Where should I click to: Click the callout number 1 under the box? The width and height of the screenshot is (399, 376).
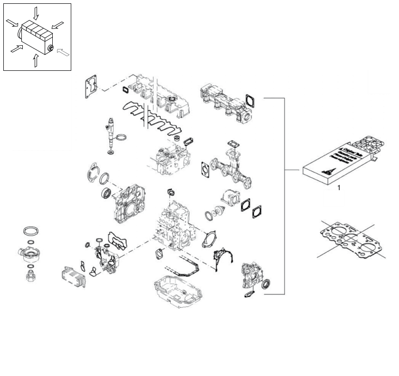[x=339, y=188]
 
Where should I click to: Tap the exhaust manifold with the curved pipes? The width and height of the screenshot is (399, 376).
[x=231, y=164]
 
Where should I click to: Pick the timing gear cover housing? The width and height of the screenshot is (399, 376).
[x=129, y=205]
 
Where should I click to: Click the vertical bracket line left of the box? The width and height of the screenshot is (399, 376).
[x=284, y=195]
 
